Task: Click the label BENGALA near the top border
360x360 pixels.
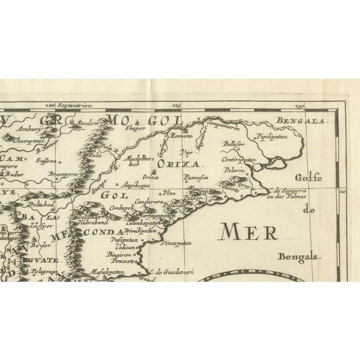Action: [x=294, y=120]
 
